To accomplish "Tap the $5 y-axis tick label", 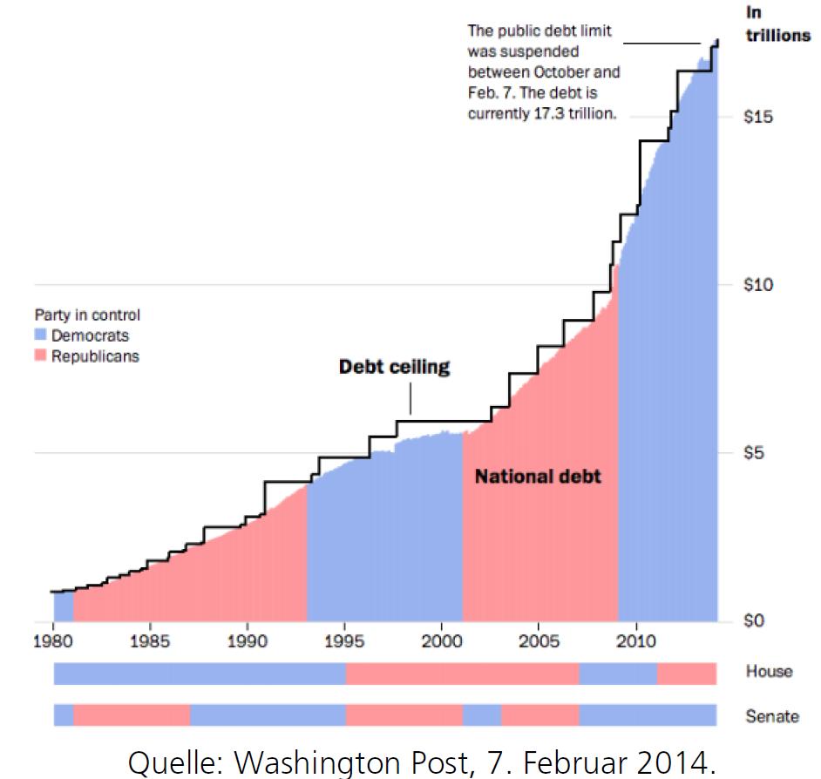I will pyautogui.click(x=754, y=453).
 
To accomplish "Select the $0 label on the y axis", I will pyautogui.click(x=754, y=621).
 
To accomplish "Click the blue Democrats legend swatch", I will pyautogui.click(x=40, y=335).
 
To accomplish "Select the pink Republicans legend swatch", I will pyautogui.click(x=40, y=356).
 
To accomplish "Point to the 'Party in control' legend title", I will pyautogui.click(x=87, y=315).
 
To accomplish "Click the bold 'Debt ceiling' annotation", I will pyautogui.click(x=395, y=367).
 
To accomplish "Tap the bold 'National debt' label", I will pyautogui.click(x=538, y=477).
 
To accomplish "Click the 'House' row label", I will pyautogui.click(x=770, y=671).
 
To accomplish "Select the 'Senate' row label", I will pyautogui.click(x=772, y=716).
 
